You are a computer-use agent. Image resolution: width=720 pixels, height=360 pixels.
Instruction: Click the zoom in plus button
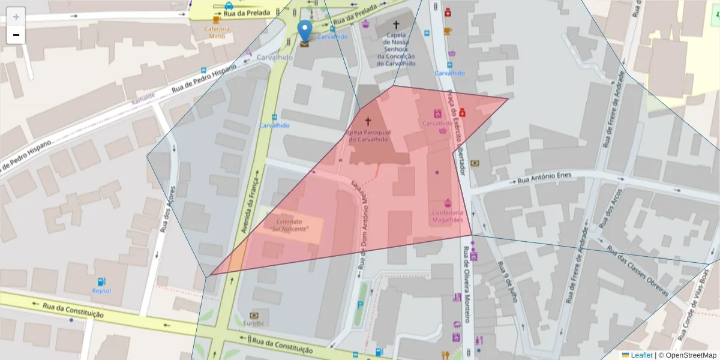pyautogui.click(x=16, y=16)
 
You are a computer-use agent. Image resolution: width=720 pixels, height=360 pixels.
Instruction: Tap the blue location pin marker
pyautogui.click(x=305, y=31)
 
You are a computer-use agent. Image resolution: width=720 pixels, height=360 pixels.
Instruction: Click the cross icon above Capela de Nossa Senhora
pyautogui.click(x=395, y=25)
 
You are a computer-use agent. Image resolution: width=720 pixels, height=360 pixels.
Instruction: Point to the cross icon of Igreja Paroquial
pyautogui.click(x=368, y=121)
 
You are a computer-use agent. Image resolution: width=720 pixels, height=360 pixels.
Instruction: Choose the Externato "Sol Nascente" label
pyautogui.click(x=290, y=225)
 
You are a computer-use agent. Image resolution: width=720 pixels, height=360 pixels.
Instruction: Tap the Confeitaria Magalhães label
pyautogui.click(x=448, y=216)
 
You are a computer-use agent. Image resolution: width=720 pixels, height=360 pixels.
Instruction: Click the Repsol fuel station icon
pyautogui.click(x=101, y=281)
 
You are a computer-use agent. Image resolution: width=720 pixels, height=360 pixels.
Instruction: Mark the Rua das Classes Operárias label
pyautogui.click(x=637, y=271)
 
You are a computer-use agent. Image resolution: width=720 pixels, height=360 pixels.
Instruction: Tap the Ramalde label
pyautogui.click(x=143, y=98)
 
